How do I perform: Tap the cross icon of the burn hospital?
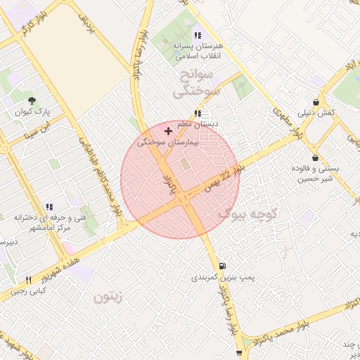tap(167, 131)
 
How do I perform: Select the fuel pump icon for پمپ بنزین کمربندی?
tap(223, 266)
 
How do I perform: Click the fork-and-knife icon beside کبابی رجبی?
tap(28, 280)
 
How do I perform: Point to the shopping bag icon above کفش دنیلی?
tap(323, 102)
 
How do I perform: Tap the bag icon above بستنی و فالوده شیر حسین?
tap(314, 157)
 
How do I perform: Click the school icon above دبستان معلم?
tap(198, 112)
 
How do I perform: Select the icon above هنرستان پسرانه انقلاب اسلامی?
tap(198, 34)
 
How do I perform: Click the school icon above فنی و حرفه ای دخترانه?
tap(49, 207)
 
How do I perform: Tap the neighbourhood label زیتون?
tap(108, 297)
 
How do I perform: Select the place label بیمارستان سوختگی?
tap(169, 142)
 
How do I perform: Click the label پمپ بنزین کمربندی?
tap(222, 278)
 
